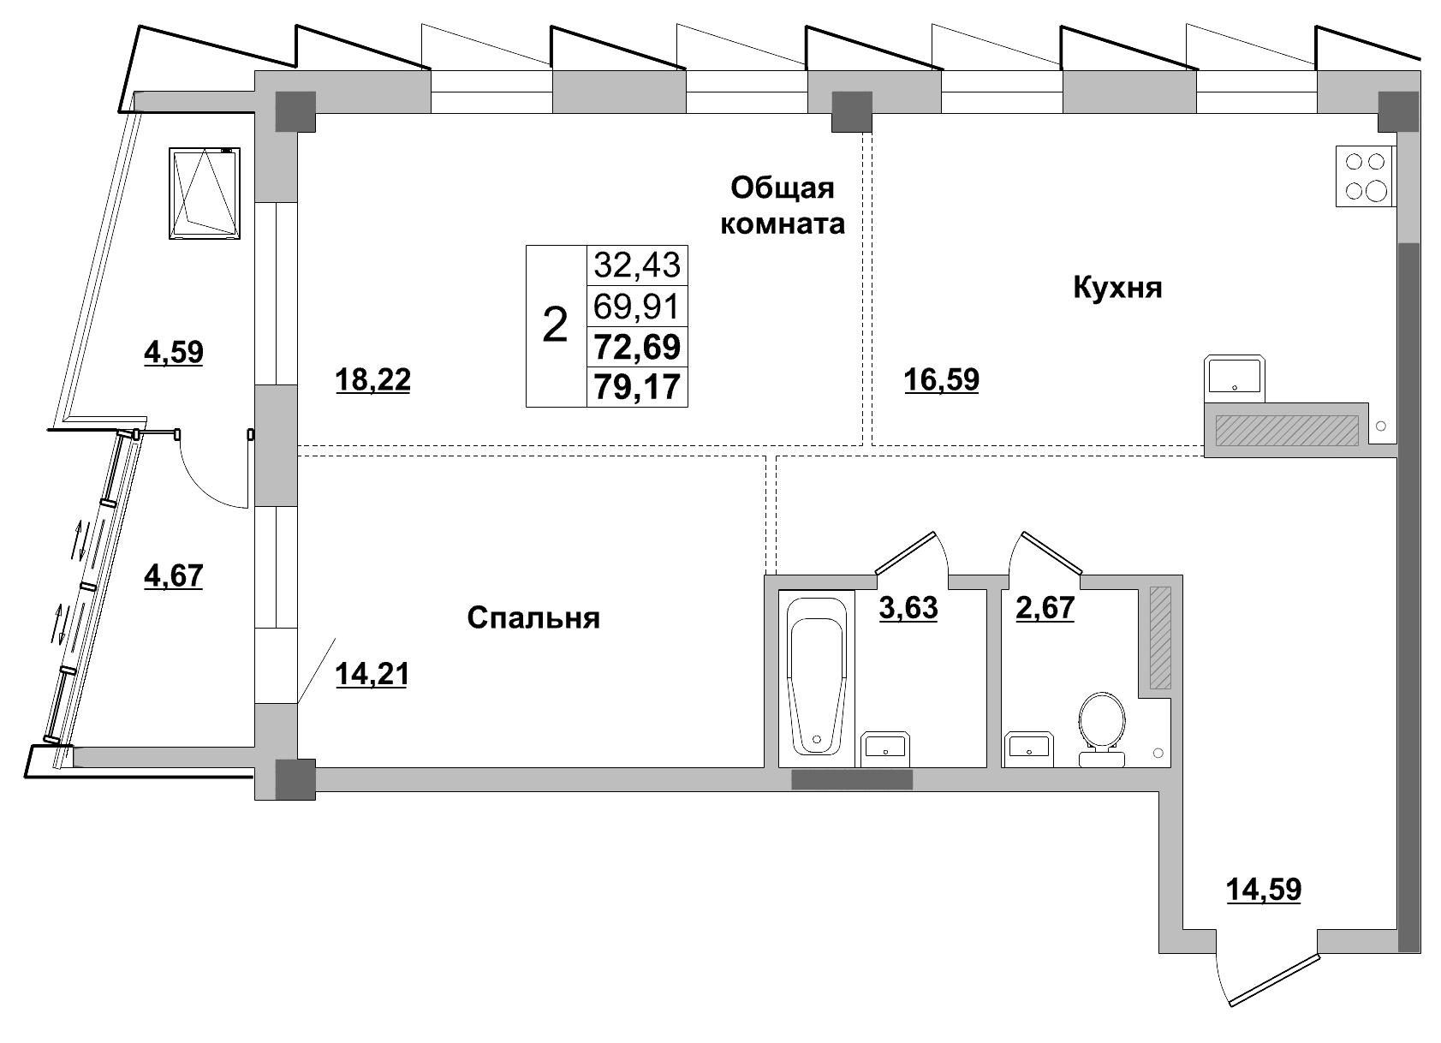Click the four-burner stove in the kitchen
point(1364,176)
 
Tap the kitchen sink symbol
point(1234,377)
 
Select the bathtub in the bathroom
point(818,676)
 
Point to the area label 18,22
point(372,379)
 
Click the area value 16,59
point(941,379)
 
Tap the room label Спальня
point(533,617)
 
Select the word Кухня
point(1117,288)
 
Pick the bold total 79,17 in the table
point(637,387)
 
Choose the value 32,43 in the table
point(637,265)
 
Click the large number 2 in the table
point(556,326)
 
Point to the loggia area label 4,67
point(174,575)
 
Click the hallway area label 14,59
point(1264,889)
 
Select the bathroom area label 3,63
point(908,608)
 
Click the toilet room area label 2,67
point(1045,608)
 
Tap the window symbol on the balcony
point(205,193)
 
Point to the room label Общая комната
point(783,206)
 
